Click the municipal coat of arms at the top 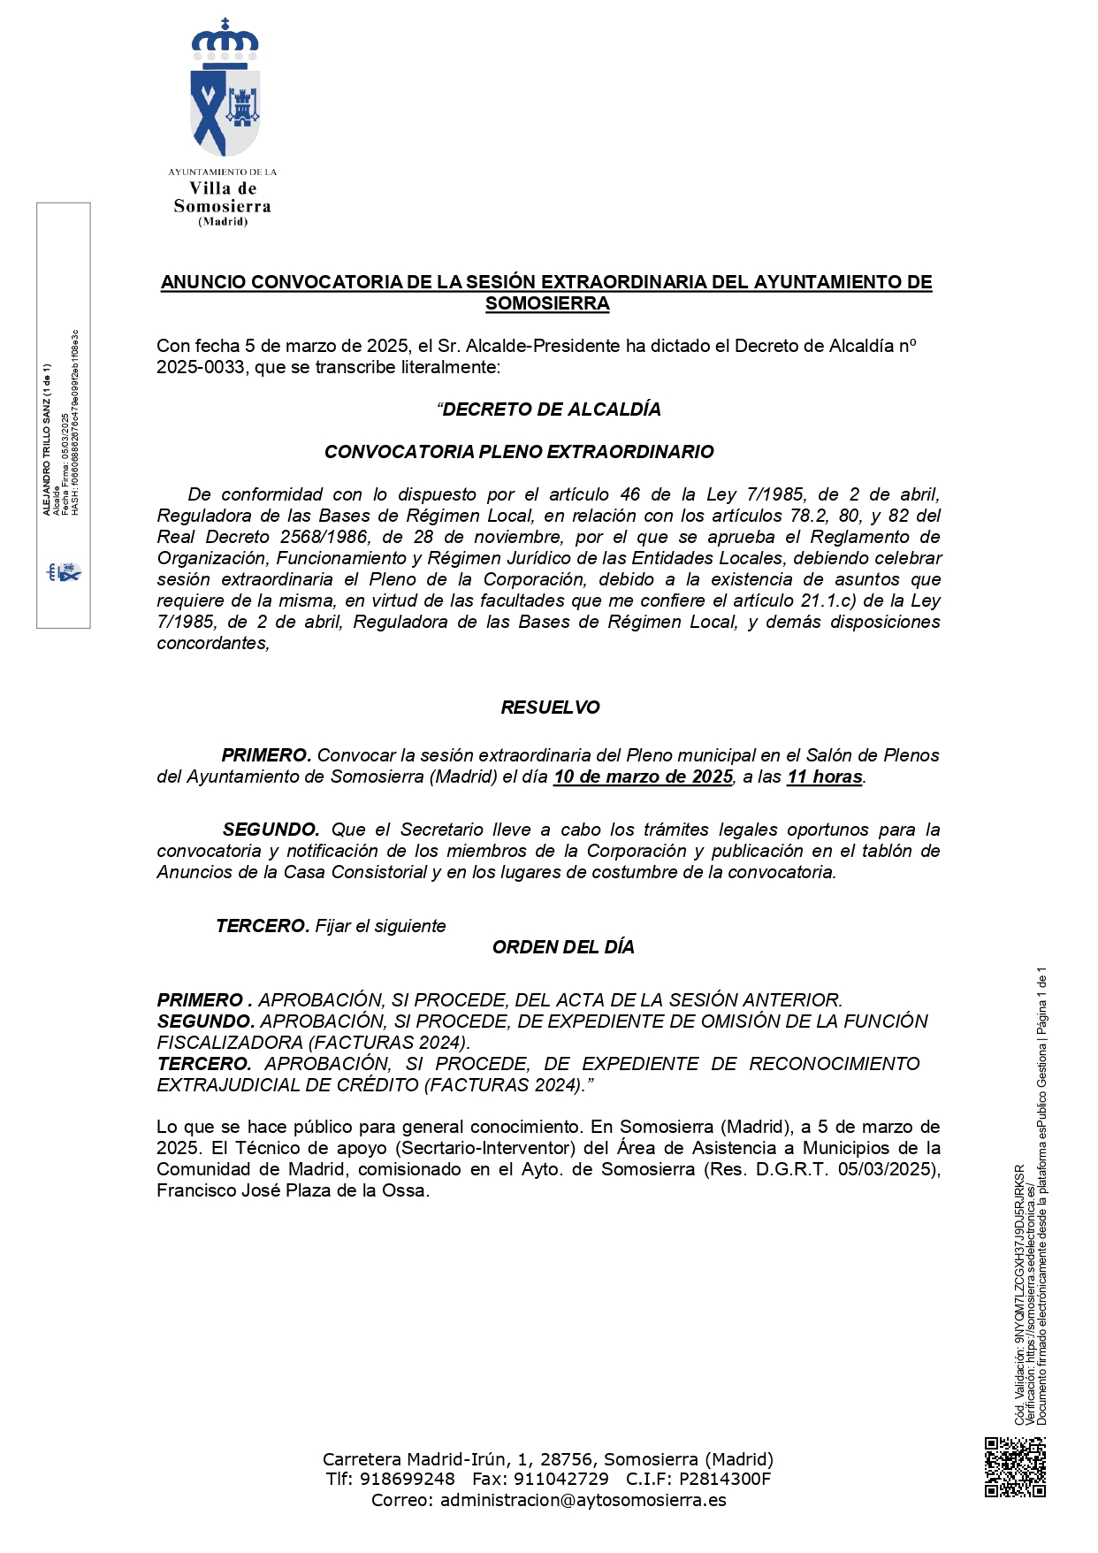225,88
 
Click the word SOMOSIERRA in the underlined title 547,303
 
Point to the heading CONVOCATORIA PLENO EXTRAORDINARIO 519,452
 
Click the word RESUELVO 550,708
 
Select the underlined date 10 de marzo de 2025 643,776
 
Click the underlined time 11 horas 824,776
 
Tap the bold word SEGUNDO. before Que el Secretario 271,830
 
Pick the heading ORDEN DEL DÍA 563,947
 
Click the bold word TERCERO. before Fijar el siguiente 263,926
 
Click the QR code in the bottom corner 1015,1467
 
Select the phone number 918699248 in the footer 407,1479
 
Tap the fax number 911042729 562,1479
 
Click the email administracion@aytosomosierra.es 583,1500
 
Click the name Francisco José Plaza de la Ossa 292,1190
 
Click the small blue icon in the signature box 64,572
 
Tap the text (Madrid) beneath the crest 223,222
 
